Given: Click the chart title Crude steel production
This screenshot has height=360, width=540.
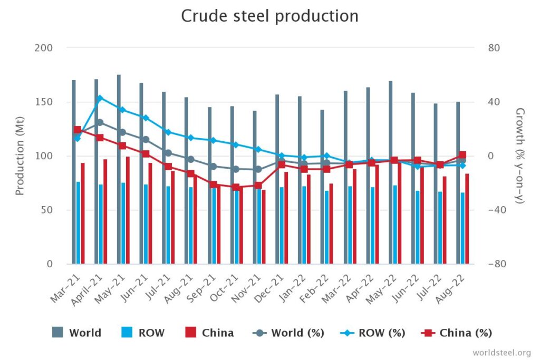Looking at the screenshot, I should (x=269, y=16).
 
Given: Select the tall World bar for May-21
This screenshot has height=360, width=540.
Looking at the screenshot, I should (x=119, y=169).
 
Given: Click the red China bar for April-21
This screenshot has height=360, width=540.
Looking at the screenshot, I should (x=105, y=211).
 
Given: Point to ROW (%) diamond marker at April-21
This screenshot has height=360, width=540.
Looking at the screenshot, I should (x=100, y=98).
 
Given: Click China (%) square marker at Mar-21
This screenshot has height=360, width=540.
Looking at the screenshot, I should (x=78, y=130).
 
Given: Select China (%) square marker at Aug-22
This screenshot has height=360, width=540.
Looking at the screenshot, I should (x=462, y=155).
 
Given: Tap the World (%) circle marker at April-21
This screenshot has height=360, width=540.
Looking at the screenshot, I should (x=100, y=122).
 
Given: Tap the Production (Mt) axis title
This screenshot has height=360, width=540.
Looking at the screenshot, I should (x=20, y=155).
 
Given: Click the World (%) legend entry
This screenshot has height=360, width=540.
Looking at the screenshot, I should (x=288, y=333).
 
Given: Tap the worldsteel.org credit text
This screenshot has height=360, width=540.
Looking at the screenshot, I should (x=502, y=352).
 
